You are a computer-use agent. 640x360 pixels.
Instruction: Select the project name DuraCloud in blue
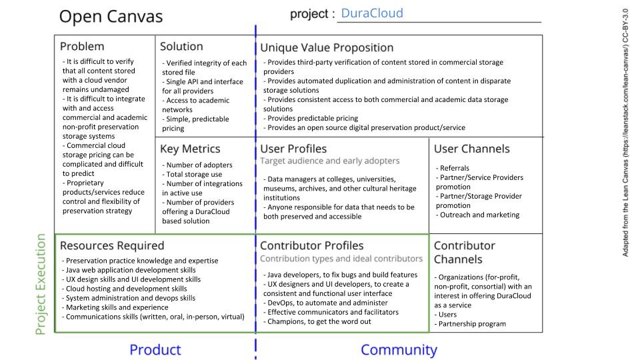pyautogui.click(x=371, y=13)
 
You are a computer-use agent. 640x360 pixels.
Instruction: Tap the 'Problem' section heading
pyautogui.click(x=82, y=47)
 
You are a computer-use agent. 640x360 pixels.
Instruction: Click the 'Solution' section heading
pyautogui.click(x=181, y=47)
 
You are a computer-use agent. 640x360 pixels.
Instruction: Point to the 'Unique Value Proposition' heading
pyautogui.click(x=327, y=47)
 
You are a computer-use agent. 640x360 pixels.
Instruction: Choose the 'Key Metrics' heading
pyautogui.click(x=190, y=149)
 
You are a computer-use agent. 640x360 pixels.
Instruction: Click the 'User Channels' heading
pyautogui.click(x=471, y=149)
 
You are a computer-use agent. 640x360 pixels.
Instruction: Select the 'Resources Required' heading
pyautogui.click(x=112, y=246)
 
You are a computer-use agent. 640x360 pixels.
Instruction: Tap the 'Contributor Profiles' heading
pyautogui.click(x=312, y=246)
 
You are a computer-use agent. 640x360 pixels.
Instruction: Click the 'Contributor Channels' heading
pyautogui.click(x=465, y=252)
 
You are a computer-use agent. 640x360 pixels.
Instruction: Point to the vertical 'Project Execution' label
pyautogui.click(x=41, y=284)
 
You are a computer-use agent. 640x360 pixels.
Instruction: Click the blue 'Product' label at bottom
pyautogui.click(x=155, y=350)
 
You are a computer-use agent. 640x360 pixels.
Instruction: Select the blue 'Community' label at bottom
pyautogui.click(x=399, y=350)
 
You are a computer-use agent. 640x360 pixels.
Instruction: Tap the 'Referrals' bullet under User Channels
pyautogui.click(x=453, y=169)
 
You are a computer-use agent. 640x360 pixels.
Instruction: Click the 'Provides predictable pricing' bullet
pyautogui.click(x=313, y=118)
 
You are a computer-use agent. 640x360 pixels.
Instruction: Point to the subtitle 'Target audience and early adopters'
pyautogui.click(x=330, y=161)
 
